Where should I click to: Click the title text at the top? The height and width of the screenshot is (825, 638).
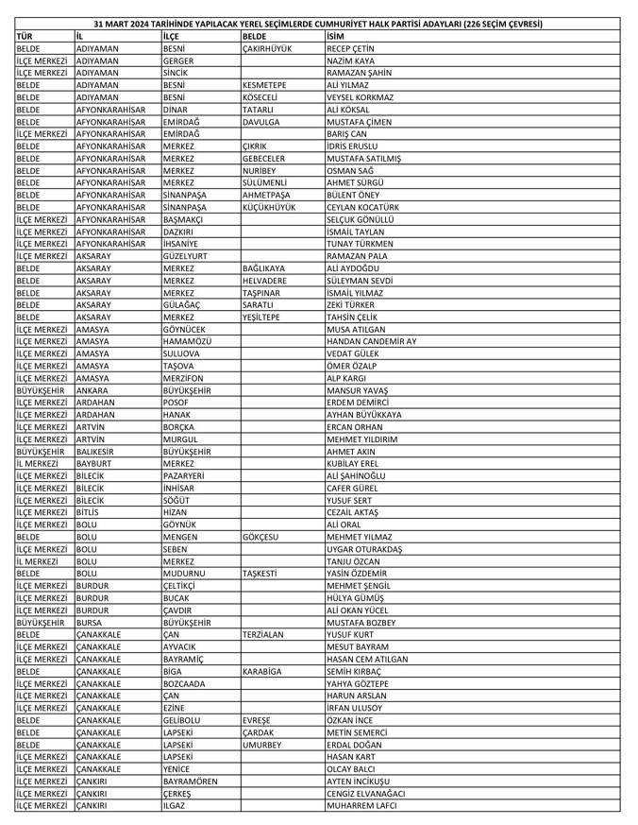pos(318,25)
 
